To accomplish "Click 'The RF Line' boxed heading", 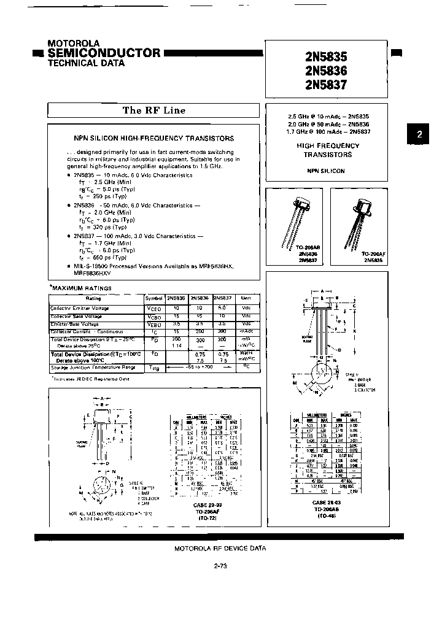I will coord(153,110).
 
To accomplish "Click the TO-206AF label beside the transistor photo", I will coord(373,253).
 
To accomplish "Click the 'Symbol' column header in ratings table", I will coord(153,299).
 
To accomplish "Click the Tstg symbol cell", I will coord(153,367).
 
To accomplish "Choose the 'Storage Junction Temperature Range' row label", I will coord(94,367).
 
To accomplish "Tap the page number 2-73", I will coord(220,567).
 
